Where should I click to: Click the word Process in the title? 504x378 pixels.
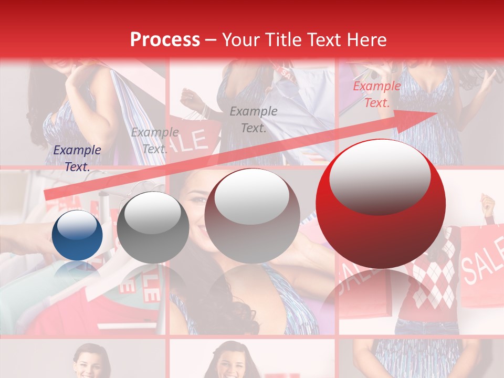165,40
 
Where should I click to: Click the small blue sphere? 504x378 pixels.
77,235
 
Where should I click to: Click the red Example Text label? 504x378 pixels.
376,94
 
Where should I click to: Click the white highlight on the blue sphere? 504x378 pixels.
77,225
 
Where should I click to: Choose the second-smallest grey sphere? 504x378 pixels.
153,227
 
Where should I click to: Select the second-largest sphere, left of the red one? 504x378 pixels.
252,216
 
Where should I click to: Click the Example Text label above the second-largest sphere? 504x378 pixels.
254,120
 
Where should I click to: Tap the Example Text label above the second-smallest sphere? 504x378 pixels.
154,140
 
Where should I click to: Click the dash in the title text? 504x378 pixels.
211,40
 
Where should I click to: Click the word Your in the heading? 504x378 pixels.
239,40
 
